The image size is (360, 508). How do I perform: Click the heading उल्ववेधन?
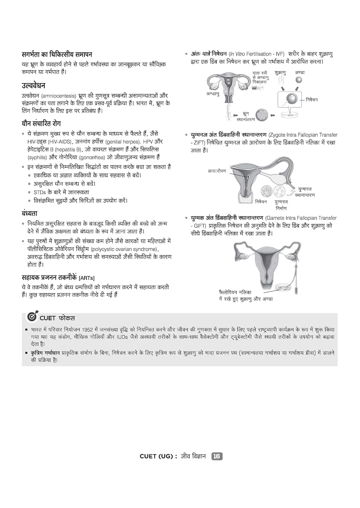[x=34, y=85]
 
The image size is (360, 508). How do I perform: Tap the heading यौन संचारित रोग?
[x=41, y=124]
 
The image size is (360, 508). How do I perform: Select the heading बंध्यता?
[x=29, y=213]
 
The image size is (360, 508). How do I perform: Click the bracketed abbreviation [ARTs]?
[x=87, y=278]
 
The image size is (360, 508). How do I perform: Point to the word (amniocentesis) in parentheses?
[x=59, y=96]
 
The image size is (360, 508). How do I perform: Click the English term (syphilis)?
[x=37, y=157]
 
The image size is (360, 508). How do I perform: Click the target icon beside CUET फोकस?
[x=32, y=317]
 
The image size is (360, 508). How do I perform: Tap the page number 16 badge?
[x=217, y=456]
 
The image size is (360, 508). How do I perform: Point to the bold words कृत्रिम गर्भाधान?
[x=45, y=353]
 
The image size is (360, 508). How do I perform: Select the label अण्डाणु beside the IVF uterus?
[x=213, y=94]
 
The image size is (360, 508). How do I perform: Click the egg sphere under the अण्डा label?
[x=299, y=80]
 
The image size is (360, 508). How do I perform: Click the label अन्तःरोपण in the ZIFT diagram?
[x=217, y=171]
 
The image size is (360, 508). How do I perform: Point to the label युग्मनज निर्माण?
[x=281, y=205]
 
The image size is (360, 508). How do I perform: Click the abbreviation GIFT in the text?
[x=199, y=226]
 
